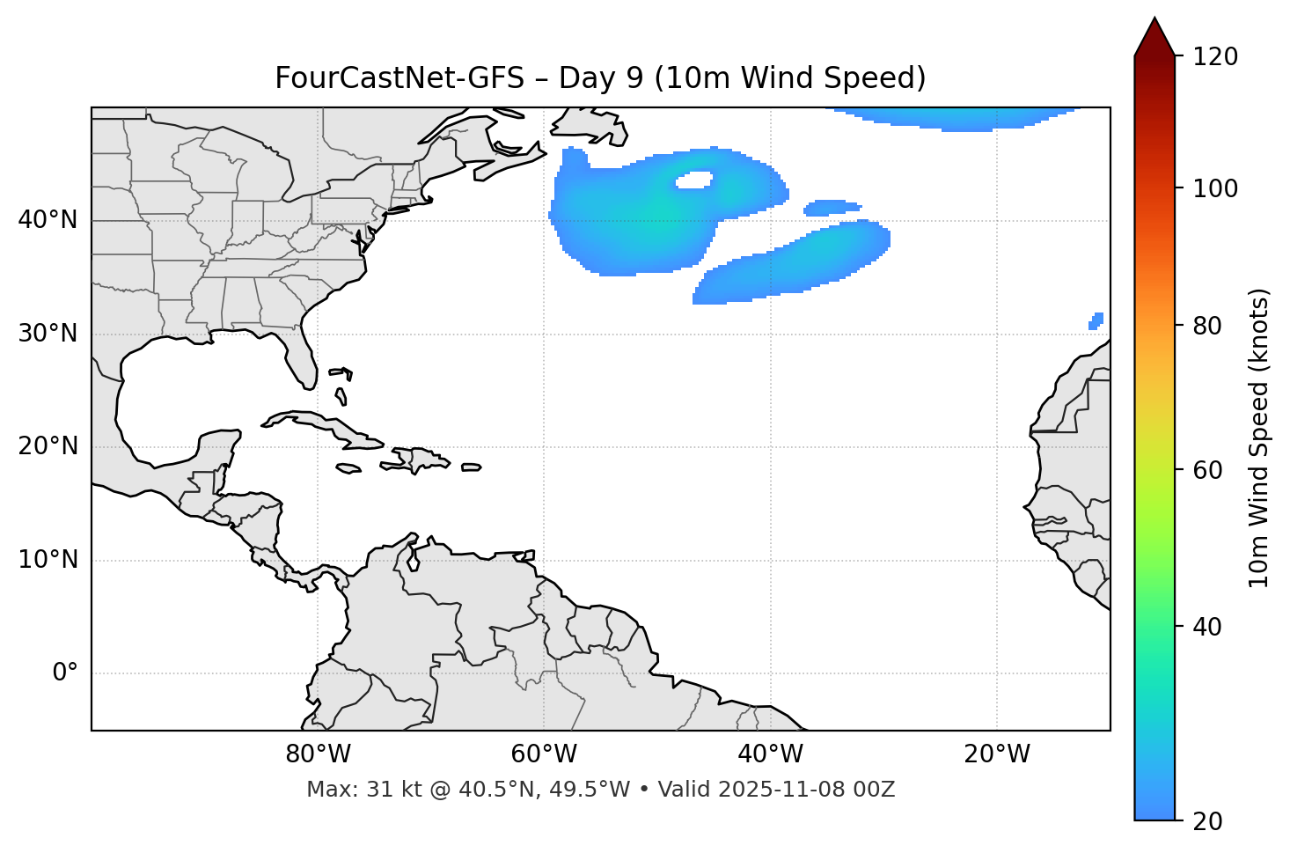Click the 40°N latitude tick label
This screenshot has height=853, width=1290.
tap(48, 220)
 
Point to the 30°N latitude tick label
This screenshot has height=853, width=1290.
tap(48, 334)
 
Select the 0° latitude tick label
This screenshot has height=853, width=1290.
tap(65, 673)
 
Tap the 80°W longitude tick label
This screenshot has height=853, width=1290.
tap(318, 754)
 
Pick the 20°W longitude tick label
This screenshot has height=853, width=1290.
tap(997, 754)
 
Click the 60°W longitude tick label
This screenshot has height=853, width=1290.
tap(544, 754)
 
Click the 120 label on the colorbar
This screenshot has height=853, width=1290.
tap(1215, 57)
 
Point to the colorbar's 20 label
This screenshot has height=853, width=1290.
tap(1208, 821)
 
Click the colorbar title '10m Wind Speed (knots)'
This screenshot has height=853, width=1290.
tap(1259, 438)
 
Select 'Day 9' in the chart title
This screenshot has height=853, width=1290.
tap(599, 78)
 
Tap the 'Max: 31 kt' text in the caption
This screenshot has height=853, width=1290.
tap(353, 790)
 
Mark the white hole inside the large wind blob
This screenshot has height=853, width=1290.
tap(693, 180)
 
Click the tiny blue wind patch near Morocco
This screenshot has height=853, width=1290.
tap(1096, 321)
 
